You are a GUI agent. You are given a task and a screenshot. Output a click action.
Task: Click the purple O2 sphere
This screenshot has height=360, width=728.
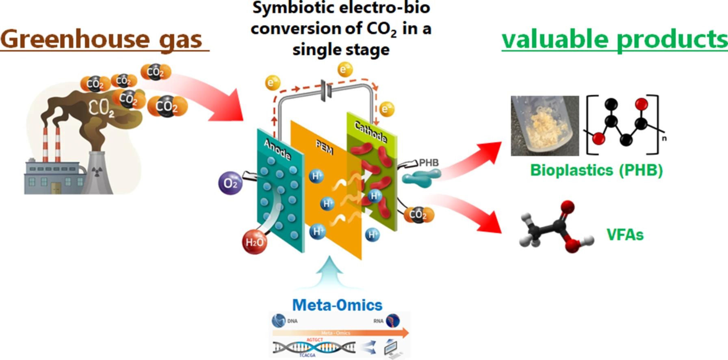230,183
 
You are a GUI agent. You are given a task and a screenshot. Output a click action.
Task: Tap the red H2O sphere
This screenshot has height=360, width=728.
255,242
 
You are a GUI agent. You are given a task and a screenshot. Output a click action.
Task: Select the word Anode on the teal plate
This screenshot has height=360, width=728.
277,150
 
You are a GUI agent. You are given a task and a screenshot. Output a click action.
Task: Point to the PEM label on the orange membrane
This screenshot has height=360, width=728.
325,147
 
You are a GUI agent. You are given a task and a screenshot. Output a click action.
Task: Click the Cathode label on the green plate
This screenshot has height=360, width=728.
370,132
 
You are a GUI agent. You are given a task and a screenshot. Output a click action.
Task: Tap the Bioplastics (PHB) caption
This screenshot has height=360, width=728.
596,170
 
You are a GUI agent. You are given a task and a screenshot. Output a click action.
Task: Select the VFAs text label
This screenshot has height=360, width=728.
625,234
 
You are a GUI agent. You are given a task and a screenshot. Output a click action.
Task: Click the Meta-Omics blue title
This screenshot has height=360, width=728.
337,305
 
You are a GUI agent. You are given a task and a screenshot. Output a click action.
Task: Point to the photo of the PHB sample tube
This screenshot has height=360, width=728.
545,126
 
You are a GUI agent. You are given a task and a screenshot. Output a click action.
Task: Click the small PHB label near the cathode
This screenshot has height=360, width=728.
429,163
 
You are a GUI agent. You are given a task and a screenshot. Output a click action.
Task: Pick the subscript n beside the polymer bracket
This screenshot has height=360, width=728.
664,138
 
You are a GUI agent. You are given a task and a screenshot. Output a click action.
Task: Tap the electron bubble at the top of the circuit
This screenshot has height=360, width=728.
344,69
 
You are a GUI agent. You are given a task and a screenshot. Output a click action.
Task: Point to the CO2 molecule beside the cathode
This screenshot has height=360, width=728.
419,214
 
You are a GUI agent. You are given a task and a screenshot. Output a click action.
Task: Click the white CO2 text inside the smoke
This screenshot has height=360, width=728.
101,108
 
